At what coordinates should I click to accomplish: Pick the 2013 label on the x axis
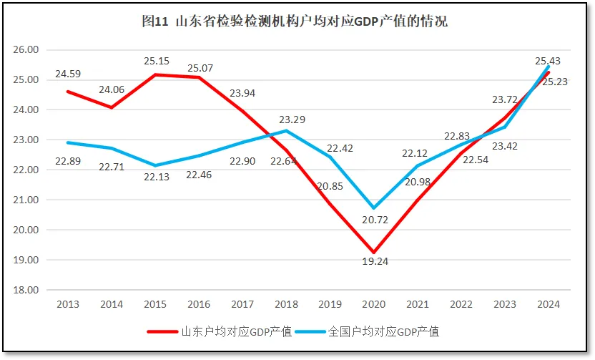point(67,304)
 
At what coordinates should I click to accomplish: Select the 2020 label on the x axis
point(374,304)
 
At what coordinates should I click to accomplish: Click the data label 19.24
point(374,262)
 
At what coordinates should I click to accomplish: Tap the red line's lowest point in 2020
point(374,253)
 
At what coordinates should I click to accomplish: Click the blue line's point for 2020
point(374,208)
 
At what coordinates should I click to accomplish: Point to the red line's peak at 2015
point(155,74)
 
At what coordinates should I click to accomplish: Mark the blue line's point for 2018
point(286,131)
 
